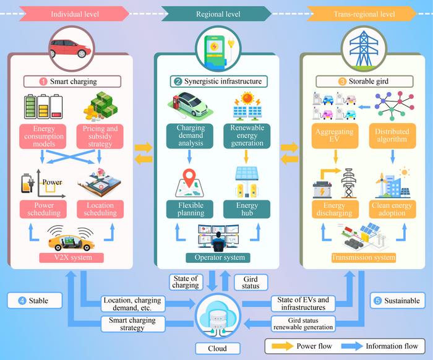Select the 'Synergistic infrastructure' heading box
(x=216, y=81)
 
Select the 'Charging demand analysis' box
(x=186, y=135)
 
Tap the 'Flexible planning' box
(x=186, y=208)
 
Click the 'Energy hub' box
(x=246, y=208)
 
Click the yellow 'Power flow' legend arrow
(x=282, y=345)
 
